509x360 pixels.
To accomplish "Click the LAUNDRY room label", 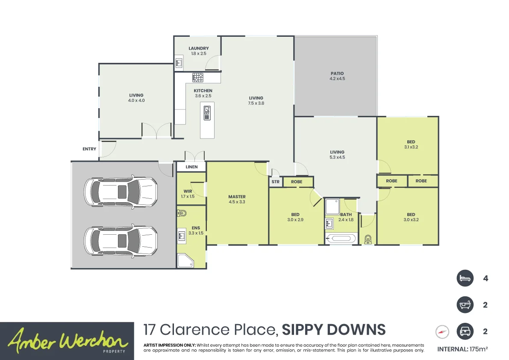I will pos(198,48).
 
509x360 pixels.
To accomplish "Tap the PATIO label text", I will pos(337,74).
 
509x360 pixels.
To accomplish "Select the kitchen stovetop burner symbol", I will pos(197,77).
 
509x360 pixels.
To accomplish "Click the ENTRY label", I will pos(89,149).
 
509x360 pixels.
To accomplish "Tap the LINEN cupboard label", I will pos(191,167).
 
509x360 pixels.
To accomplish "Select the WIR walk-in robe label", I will pos(187,192).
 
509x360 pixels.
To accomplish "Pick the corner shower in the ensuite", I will pos(185,261).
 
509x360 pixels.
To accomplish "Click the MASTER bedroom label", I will pos(237,197).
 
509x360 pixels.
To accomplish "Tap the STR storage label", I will pos(275,182).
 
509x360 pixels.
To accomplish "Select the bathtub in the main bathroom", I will pos(341,239).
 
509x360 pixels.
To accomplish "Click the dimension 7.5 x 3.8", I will pos(256,103).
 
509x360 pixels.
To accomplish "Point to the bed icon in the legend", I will pos(465,278).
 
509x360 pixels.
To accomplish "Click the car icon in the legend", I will pos(465,331).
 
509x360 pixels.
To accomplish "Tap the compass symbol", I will pos(442,332).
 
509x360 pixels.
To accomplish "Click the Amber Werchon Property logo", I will pos(67,341).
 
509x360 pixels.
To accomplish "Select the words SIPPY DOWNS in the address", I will pos(334,330).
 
